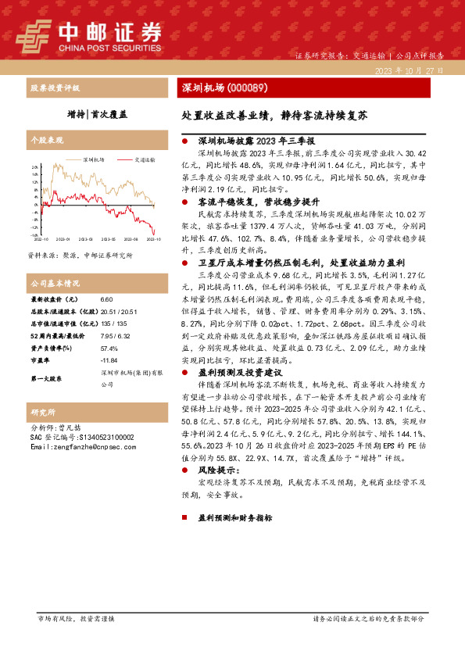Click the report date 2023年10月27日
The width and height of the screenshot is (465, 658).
point(408,71)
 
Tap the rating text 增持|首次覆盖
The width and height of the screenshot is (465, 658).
point(97,114)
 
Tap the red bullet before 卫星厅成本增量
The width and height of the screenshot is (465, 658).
point(184,263)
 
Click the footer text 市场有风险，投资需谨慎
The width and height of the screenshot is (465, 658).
point(76,618)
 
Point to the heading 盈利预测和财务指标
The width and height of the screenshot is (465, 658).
point(234,517)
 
